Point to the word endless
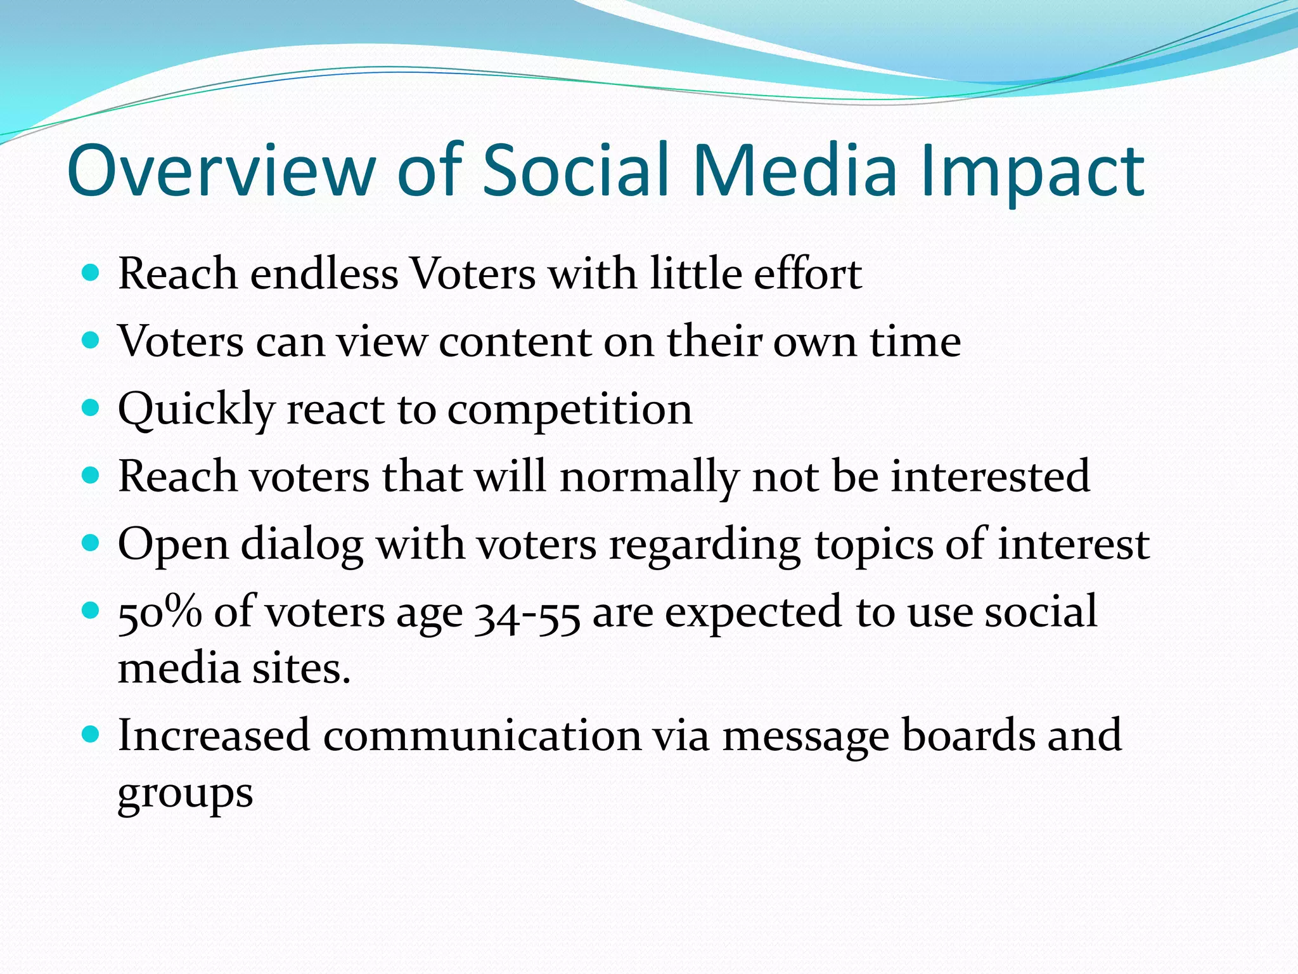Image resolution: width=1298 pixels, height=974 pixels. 324,274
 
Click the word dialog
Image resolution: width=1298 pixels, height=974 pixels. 302,545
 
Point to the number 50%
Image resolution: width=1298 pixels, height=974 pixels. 160,613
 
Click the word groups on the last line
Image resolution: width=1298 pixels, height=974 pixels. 185,793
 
